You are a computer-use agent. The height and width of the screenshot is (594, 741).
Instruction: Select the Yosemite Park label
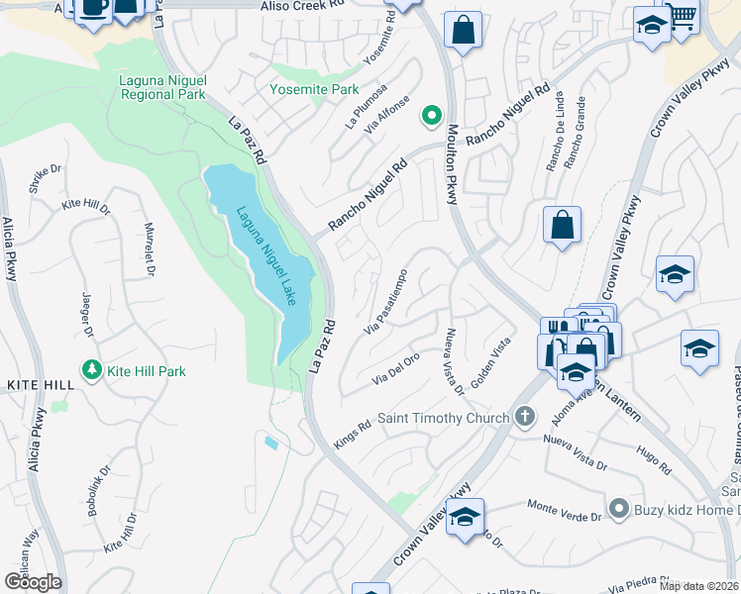pyautogui.click(x=314, y=89)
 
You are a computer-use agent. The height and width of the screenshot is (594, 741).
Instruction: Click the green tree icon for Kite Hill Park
pyautogui.click(x=92, y=371)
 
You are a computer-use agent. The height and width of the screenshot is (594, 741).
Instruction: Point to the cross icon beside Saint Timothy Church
pyautogui.click(x=525, y=418)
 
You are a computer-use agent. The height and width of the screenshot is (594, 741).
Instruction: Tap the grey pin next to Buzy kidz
pyautogui.click(x=619, y=509)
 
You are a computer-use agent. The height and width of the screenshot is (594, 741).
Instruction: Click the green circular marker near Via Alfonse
pyautogui.click(x=431, y=117)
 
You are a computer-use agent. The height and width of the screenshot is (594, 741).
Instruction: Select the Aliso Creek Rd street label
pyautogui.click(x=302, y=6)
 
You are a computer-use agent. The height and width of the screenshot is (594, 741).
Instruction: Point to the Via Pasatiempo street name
pyautogui.click(x=386, y=301)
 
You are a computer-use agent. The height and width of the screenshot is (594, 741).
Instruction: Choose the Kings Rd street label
pyautogui.click(x=353, y=436)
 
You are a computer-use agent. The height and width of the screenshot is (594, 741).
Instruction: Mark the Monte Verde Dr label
pyautogui.click(x=565, y=510)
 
